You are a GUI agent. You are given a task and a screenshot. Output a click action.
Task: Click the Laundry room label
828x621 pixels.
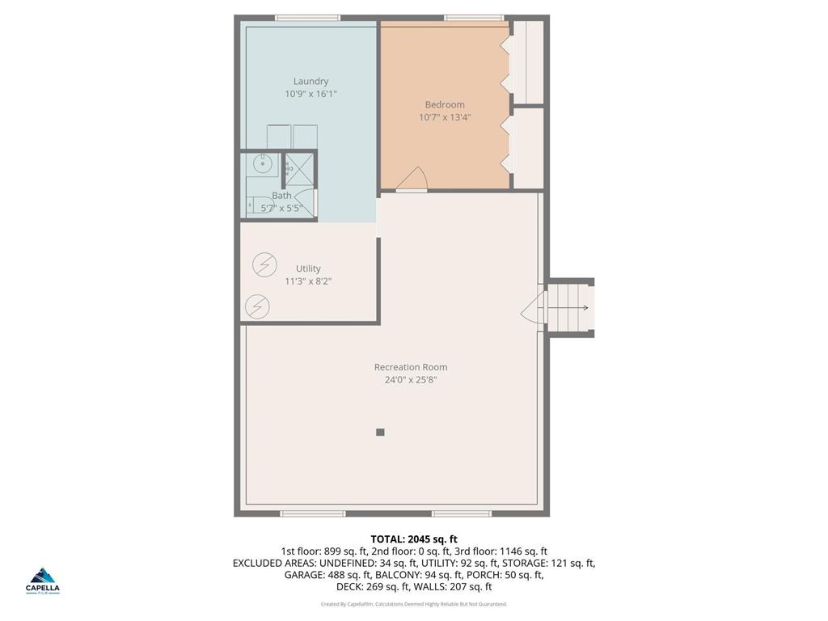click(x=310, y=81)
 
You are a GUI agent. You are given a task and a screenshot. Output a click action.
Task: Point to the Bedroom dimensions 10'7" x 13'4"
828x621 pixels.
click(x=445, y=117)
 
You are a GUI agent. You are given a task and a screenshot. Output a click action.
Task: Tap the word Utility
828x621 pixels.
click(x=308, y=268)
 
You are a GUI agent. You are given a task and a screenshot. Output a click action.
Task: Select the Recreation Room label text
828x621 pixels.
click(x=411, y=367)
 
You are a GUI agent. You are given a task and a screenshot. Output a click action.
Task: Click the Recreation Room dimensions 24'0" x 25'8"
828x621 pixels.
click(x=411, y=380)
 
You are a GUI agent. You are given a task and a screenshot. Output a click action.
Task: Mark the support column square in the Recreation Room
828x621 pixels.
click(x=380, y=433)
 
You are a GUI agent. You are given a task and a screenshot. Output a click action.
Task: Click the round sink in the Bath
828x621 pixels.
click(x=262, y=164)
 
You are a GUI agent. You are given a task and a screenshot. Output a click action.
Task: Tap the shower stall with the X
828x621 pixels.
click(x=299, y=168)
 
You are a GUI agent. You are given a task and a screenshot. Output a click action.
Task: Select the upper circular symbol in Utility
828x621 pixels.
click(x=264, y=264)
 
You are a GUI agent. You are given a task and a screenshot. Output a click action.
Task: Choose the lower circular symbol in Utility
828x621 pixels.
click(x=258, y=306)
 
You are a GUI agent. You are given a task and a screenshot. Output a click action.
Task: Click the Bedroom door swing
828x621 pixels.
click(x=413, y=180)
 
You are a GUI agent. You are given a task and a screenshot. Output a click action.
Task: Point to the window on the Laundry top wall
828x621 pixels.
click(x=307, y=18)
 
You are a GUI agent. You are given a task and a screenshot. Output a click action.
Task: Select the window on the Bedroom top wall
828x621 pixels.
click(x=474, y=18)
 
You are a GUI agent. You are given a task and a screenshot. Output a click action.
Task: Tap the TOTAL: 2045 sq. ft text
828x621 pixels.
click(x=414, y=539)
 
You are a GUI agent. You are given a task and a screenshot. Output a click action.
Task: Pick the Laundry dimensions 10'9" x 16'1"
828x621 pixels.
click(x=310, y=94)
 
